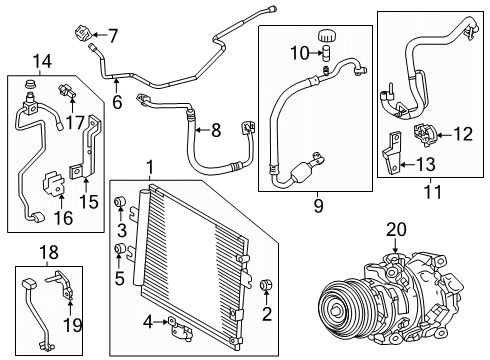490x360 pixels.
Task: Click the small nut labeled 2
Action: point(267,289)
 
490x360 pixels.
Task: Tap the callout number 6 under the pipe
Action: point(117,100)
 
